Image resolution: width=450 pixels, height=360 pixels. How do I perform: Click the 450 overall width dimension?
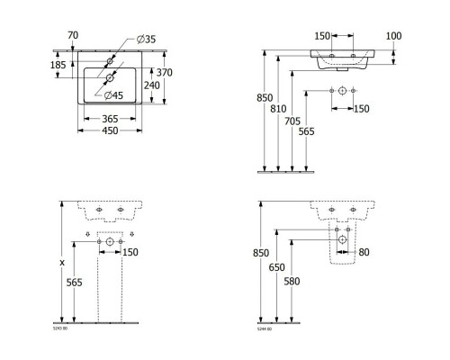[x=111, y=130]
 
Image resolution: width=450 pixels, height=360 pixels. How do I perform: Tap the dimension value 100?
[x=394, y=36]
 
